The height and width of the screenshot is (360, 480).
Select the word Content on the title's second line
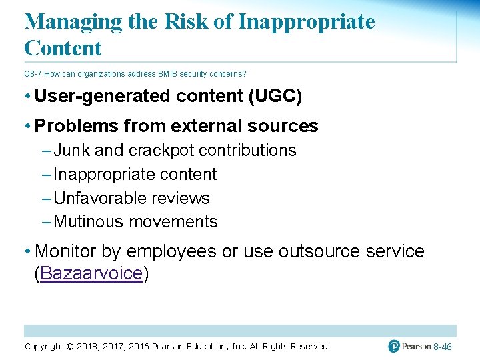(x=63, y=48)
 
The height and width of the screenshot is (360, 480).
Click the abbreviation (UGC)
(x=275, y=97)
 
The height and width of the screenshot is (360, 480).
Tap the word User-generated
(x=103, y=97)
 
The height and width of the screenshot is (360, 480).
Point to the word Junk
(x=72, y=151)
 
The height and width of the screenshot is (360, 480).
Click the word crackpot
(x=161, y=151)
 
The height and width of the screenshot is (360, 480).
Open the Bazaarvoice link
(x=91, y=274)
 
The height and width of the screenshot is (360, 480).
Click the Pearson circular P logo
(x=394, y=346)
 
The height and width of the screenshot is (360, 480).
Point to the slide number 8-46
(x=443, y=347)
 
